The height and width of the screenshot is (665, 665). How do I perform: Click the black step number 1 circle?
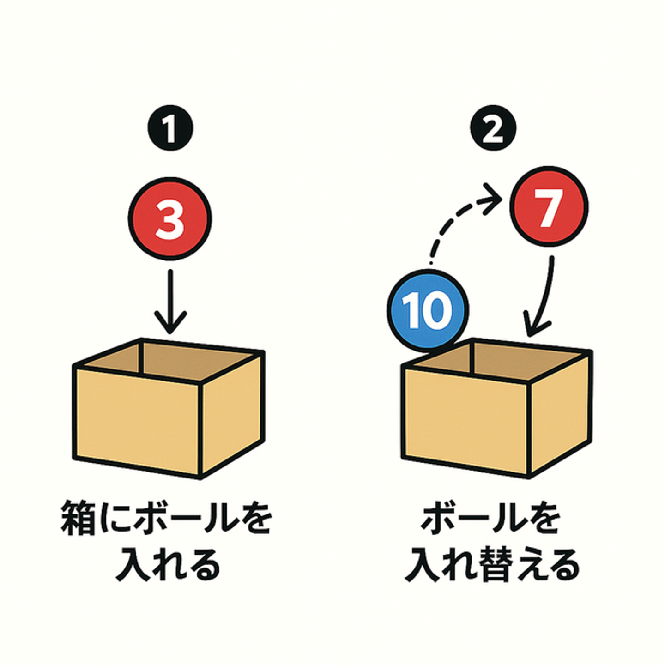[170, 128]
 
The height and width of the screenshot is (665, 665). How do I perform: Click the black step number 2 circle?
[492, 128]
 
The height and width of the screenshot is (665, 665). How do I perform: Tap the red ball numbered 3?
[170, 219]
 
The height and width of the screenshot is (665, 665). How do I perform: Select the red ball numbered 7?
[549, 206]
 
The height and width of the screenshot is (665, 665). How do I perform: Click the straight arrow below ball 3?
[170, 302]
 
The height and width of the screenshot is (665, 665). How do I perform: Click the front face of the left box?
[137, 422]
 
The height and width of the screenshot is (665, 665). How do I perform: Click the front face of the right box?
[466, 422]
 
